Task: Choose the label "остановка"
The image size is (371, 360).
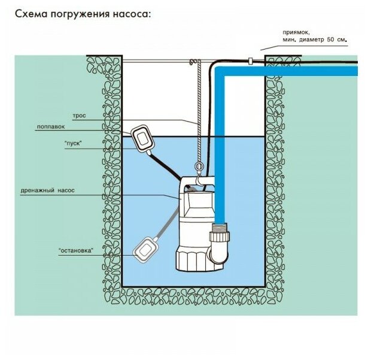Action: pyautogui.click(x=75, y=250)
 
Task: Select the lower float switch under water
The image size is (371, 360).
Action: pyautogui.click(x=146, y=249)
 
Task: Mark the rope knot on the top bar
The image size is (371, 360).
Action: pyautogui.click(x=192, y=62)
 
